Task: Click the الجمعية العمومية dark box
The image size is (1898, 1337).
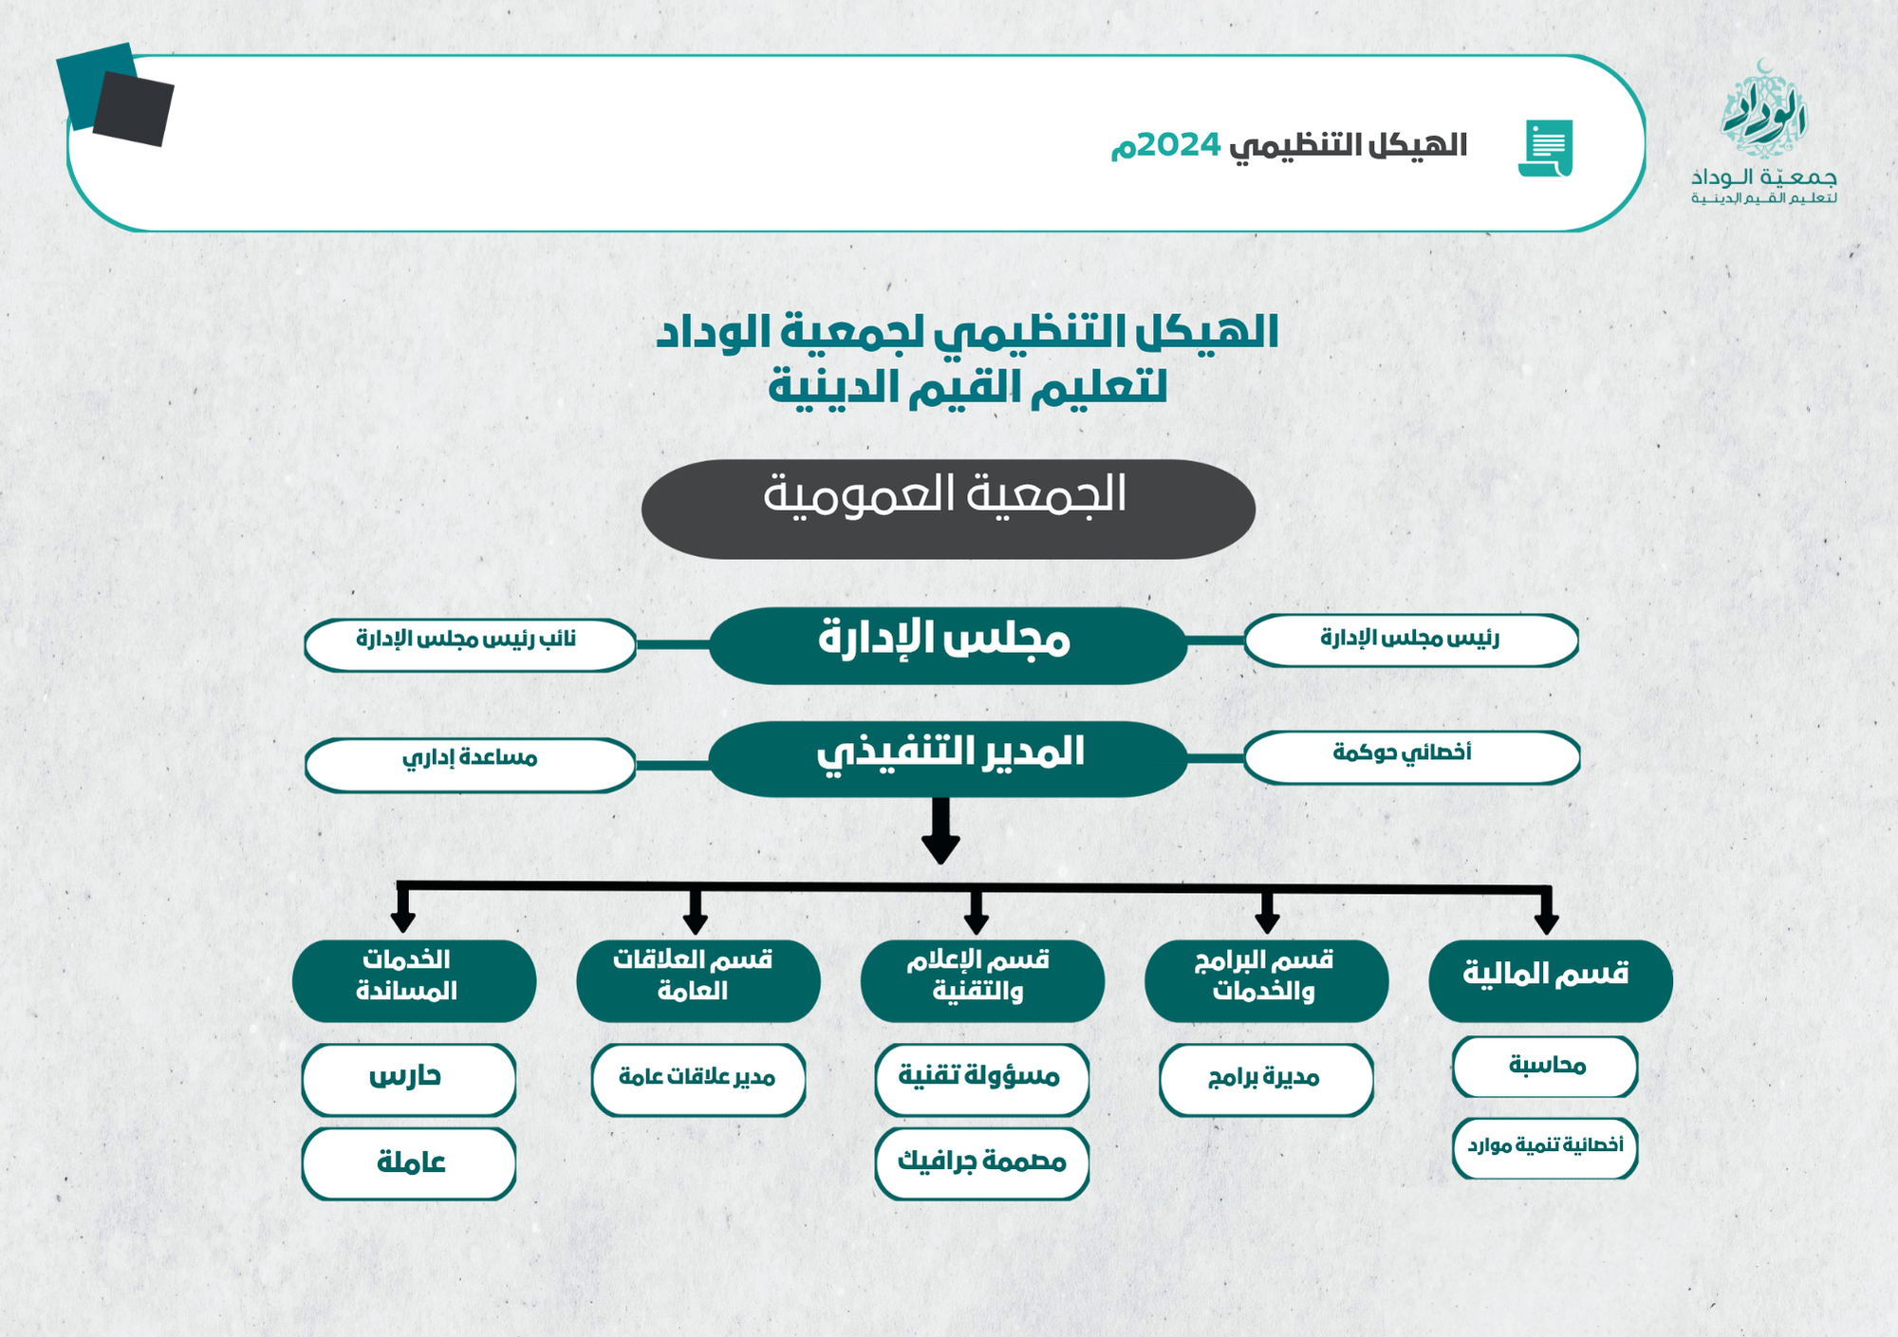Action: coord(948,510)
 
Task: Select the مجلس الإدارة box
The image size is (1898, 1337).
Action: coord(948,645)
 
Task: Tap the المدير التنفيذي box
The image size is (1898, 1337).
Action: coord(948,759)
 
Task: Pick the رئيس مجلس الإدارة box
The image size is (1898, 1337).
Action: coord(1411,641)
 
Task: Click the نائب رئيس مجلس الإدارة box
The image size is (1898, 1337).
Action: coord(470,645)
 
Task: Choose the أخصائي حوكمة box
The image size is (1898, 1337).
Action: coord(1412,757)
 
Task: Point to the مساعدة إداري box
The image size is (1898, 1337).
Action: coord(470,765)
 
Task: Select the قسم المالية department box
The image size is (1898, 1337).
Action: coord(1551,981)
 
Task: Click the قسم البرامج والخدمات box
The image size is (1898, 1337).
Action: coord(1267,981)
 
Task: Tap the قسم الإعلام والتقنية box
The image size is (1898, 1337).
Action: coord(982,981)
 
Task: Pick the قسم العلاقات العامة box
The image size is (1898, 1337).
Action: coord(698,981)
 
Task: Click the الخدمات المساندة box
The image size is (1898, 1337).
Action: coord(414,981)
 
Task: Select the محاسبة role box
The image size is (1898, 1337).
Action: coord(1545,1067)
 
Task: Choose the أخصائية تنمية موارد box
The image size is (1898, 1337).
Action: coord(1545,1148)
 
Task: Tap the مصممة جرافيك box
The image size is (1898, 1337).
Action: coord(982,1164)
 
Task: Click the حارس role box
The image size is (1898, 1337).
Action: coord(409,1080)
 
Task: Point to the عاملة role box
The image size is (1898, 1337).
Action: coord(409,1164)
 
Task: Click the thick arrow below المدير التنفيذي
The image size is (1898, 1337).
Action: coord(940,830)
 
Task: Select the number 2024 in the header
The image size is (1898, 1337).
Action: coord(1179,145)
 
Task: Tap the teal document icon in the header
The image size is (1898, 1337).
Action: coord(1546,148)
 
